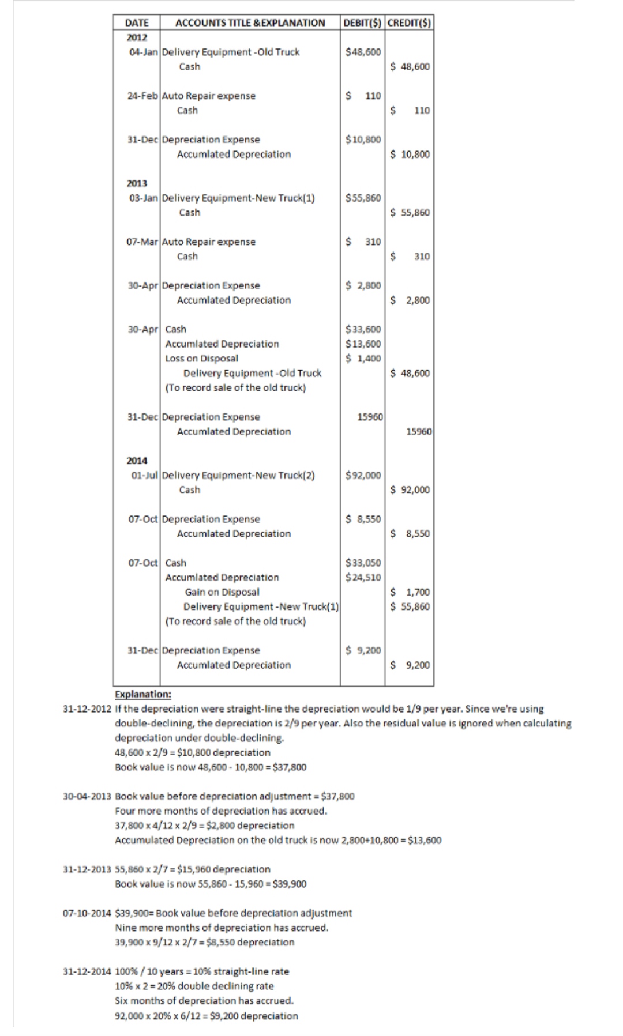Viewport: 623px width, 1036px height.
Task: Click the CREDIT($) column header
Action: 410,23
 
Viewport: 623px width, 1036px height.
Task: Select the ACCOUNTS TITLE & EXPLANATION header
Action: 250,23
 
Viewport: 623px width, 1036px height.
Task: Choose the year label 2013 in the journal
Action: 137,183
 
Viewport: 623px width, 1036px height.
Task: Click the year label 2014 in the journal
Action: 137,461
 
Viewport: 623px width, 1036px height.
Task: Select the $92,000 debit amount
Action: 363,476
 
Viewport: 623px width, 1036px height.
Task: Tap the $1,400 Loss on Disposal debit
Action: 363,359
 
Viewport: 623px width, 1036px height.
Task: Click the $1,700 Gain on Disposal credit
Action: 410,592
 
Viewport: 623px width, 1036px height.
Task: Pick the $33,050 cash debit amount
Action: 363,563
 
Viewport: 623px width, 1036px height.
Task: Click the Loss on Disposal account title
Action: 201,359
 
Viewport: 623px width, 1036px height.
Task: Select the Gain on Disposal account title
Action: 222,592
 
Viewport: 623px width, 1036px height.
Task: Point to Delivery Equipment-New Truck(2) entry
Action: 238,476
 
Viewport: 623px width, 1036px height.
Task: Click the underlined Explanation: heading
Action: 143,694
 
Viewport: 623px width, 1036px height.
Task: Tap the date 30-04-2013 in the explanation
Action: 87,796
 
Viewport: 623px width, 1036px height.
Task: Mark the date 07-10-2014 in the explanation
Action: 87,913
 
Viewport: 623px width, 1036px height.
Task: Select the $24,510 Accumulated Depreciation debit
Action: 363,577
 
